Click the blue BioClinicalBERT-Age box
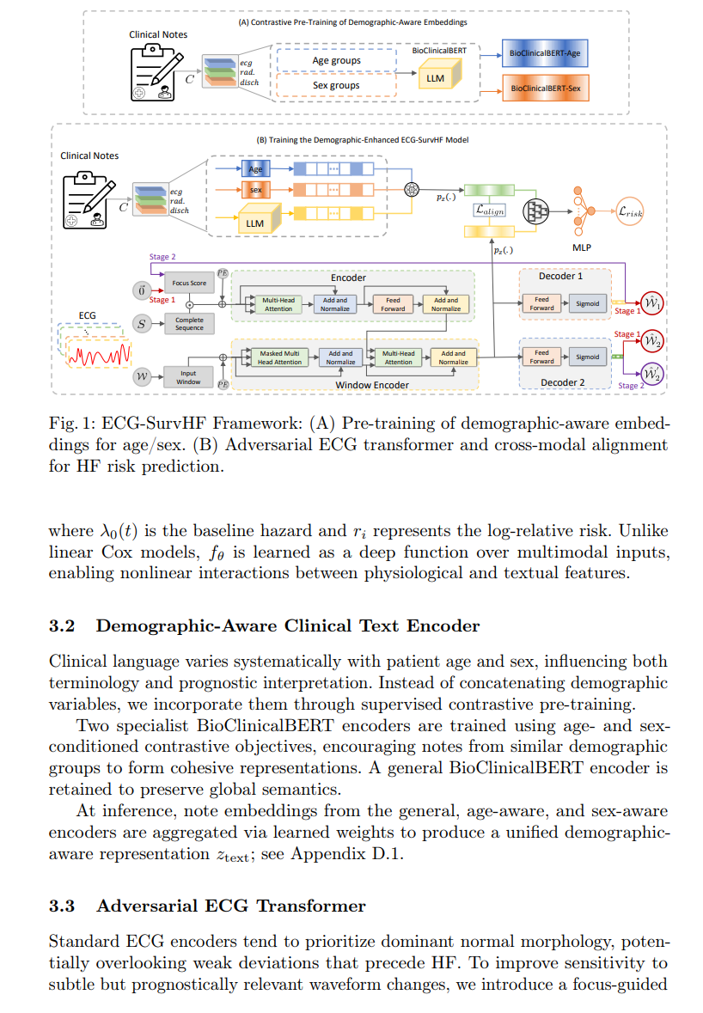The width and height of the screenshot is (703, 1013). click(x=545, y=53)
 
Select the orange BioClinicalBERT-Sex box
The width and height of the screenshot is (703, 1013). click(x=546, y=88)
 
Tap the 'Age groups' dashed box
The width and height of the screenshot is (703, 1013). click(x=337, y=60)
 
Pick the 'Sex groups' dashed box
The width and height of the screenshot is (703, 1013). click(x=337, y=85)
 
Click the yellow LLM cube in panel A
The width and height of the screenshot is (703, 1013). click(x=439, y=75)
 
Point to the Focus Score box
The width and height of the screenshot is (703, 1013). click(x=189, y=283)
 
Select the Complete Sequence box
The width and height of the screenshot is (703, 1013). click(x=189, y=324)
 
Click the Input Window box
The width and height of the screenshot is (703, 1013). click(x=189, y=377)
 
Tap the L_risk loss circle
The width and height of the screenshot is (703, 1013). click(x=630, y=211)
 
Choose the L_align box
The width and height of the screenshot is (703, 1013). click(x=490, y=210)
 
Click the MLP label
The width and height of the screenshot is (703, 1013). click(x=582, y=247)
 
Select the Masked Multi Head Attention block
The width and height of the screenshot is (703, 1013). click(x=279, y=358)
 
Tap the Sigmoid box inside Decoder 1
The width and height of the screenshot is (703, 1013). click(x=587, y=303)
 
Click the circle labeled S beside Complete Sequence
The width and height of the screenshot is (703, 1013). click(x=142, y=324)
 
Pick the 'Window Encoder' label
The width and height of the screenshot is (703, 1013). click(x=372, y=385)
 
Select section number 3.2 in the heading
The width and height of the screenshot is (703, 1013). click(x=62, y=626)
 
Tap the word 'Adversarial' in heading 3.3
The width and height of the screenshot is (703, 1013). click(x=147, y=906)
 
